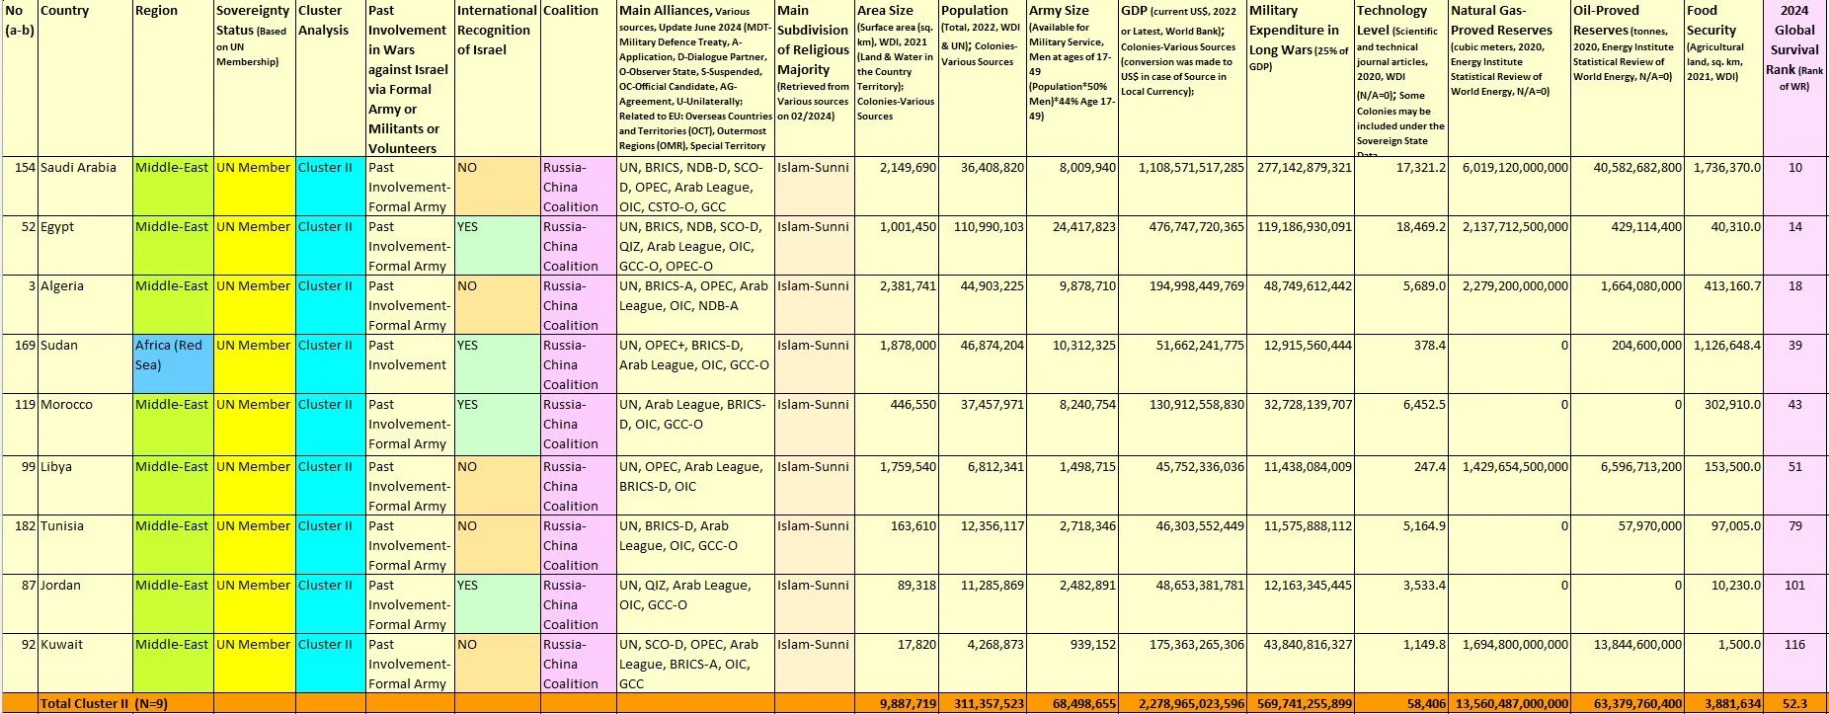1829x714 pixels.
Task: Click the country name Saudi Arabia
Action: click(78, 168)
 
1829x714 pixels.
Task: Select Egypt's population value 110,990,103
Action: click(982, 227)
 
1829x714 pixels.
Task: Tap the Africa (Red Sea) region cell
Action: click(172, 356)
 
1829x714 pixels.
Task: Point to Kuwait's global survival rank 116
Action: click(1794, 645)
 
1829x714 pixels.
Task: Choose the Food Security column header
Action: click(1703, 11)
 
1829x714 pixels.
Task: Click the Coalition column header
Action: click(571, 11)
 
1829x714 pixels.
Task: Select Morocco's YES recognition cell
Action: click(467, 405)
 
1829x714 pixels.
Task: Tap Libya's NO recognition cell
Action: click(467, 467)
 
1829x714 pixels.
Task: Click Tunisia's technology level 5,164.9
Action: click(1424, 526)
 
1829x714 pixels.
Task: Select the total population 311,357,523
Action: click(982, 704)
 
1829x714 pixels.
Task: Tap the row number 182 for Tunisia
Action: click(24, 526)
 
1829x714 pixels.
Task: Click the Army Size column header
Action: click(1059, 11)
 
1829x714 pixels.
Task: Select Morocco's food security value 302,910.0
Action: click(1723, 405)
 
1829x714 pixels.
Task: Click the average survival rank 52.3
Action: click(1794, 704)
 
